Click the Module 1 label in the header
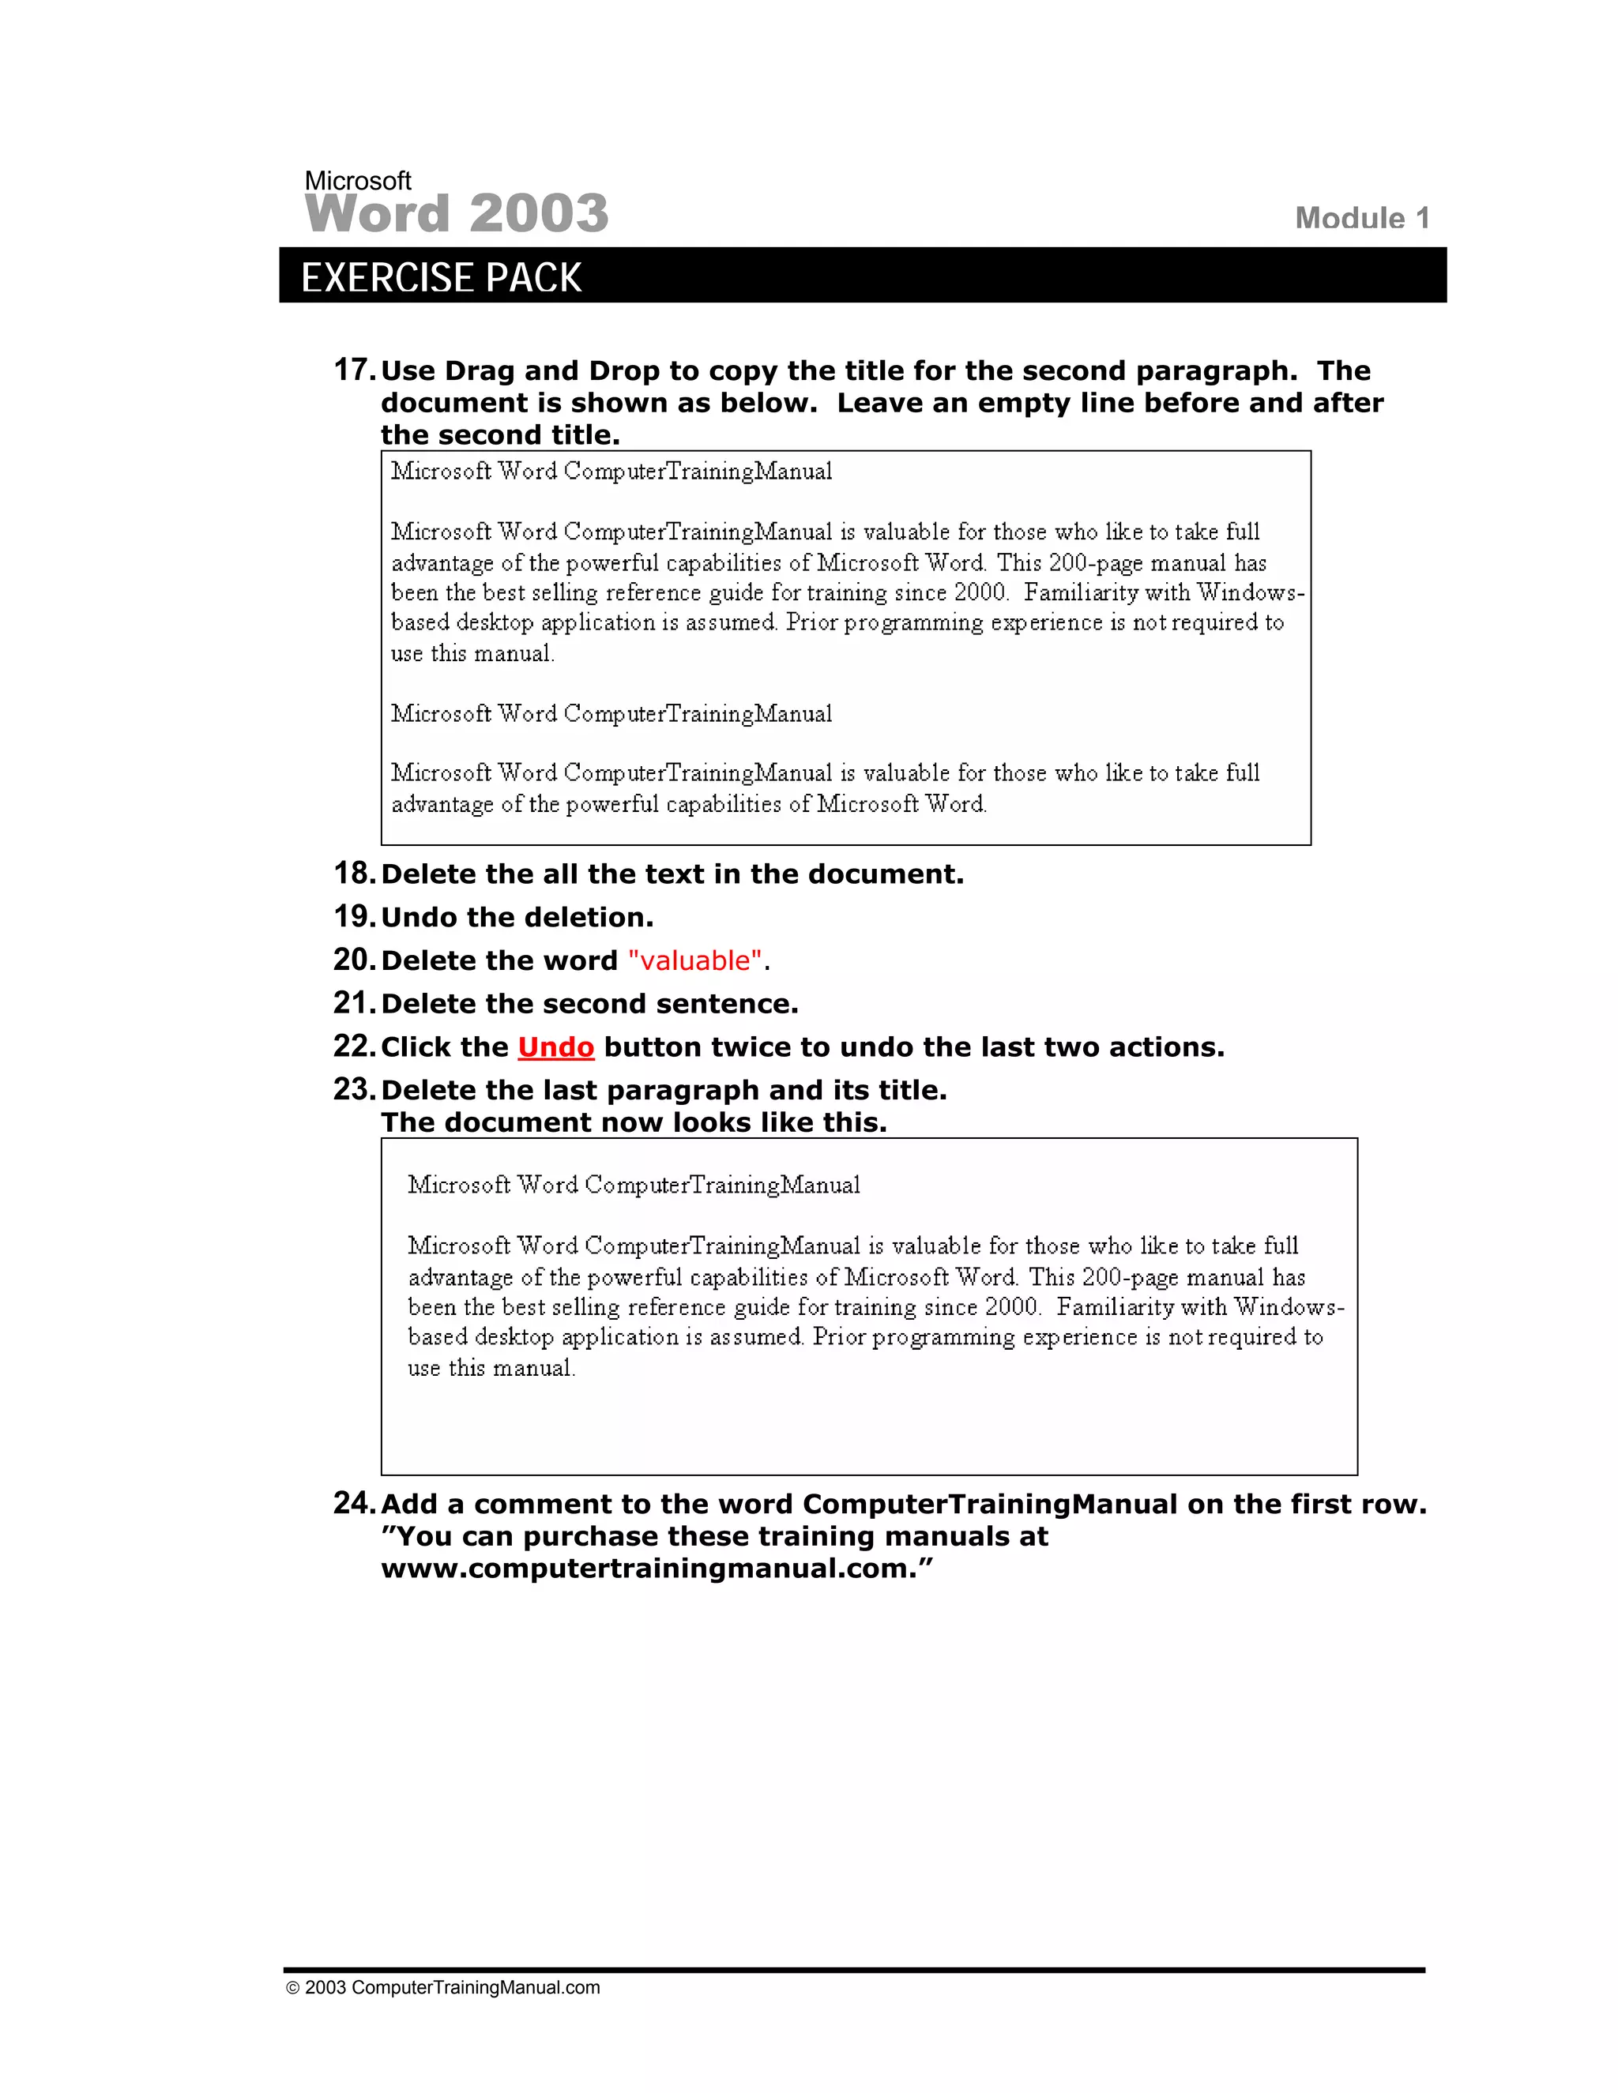point(1361,219)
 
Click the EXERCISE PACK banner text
point(441,278)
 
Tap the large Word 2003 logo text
point(457,212)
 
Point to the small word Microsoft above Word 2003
point(358,180)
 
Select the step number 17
point(354,370)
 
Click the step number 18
point(354,873)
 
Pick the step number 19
point(354,916)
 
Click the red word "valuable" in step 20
point(696,960)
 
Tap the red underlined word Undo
point(556,1046)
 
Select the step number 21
point(354,1002)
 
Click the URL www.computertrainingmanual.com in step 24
point(652,1568)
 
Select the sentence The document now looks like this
point(634,1122)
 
